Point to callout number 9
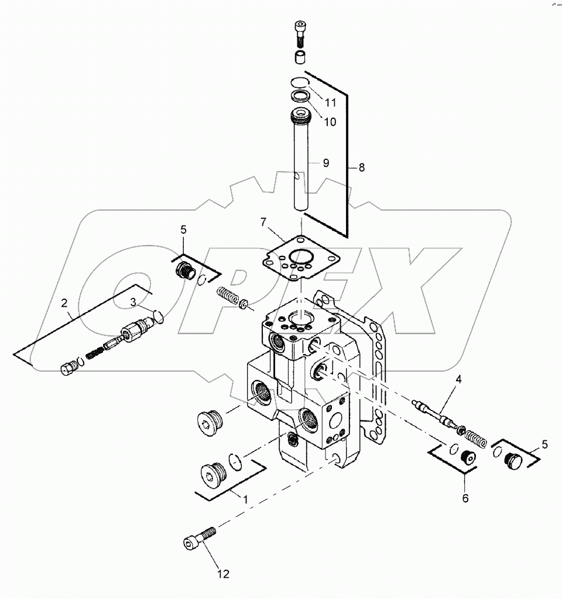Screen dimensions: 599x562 tap(326, 163)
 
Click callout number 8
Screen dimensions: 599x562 tap(361, 167)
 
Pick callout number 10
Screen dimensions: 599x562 tap(330, 122)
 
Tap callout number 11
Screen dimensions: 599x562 tap(331, 102)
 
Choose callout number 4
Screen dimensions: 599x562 tap(458, 379)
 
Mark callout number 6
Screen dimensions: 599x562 tap(466, 498)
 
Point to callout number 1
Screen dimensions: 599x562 tap(245, 499)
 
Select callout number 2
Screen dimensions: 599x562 tap(64, 303)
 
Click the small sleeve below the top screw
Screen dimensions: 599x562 tap(300, 57)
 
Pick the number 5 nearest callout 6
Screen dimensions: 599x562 tap(546, 444)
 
